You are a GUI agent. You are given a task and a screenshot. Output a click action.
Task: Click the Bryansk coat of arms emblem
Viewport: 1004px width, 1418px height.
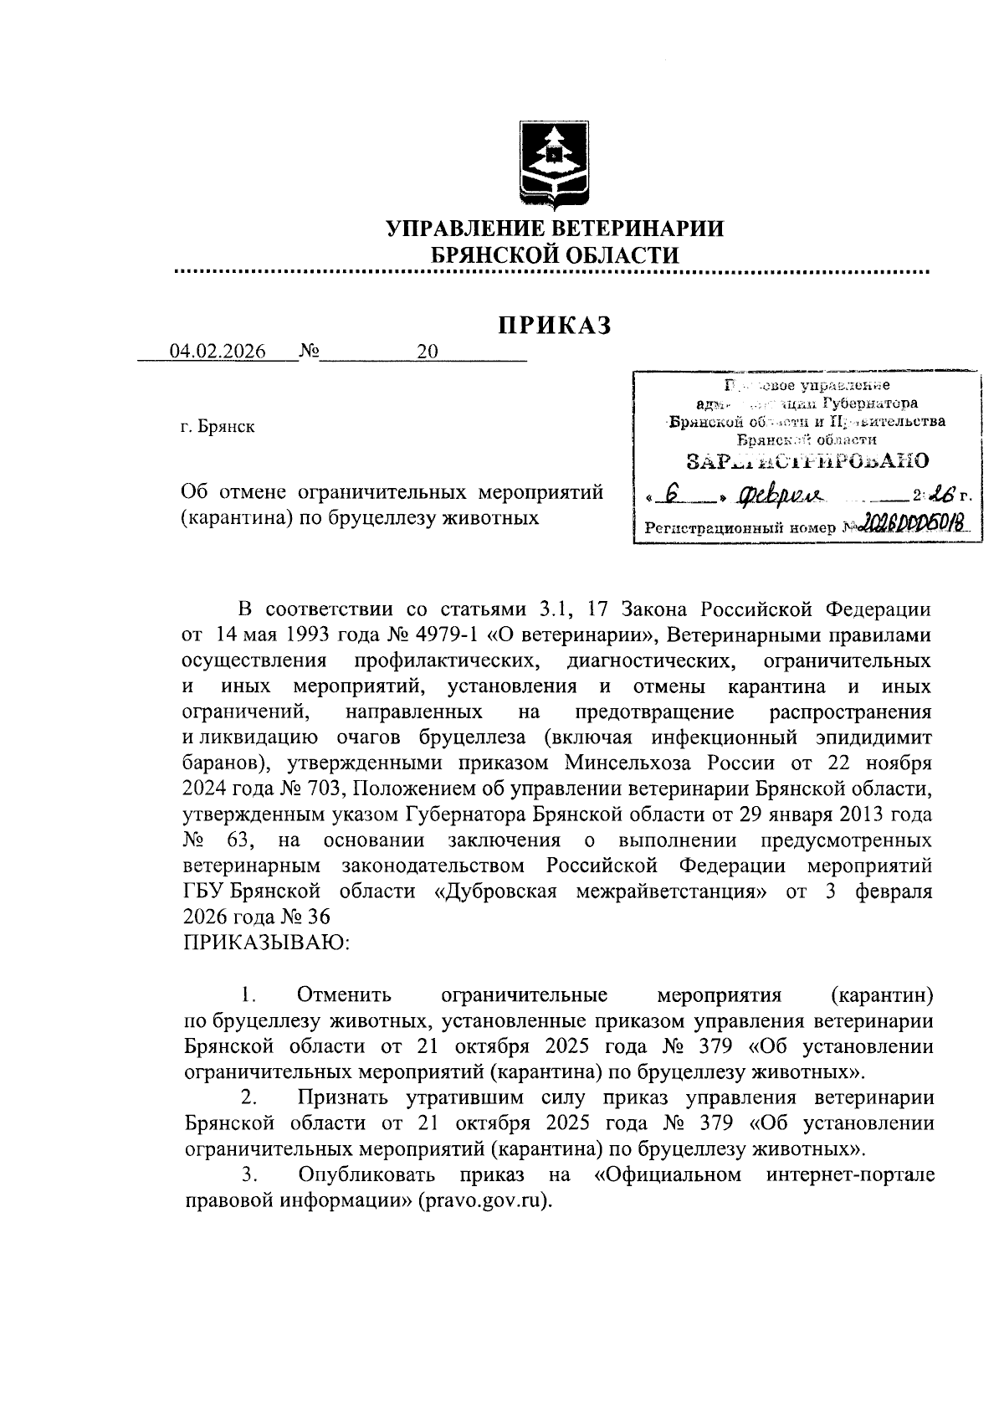pyautogui.click(x=553, y=162)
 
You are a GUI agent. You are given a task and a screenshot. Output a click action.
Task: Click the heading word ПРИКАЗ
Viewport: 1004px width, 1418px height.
pyautogui.click(x=555, y=325)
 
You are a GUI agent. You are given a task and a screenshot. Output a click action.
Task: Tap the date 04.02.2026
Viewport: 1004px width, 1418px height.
pyautogui.click(x=218, y=352)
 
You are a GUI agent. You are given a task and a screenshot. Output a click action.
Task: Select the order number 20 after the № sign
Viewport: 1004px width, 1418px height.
pyautogui.click(x=428, y=352)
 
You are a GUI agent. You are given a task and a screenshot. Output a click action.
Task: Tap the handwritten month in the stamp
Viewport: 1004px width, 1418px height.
pyautogui.click(x=779, y=497)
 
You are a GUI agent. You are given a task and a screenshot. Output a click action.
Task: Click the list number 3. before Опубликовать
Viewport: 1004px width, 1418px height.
pyautogui.click(x=248, y=1174)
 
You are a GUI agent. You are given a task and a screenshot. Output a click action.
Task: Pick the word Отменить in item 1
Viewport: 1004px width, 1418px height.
pyautogui.click(x=344, y=995)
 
